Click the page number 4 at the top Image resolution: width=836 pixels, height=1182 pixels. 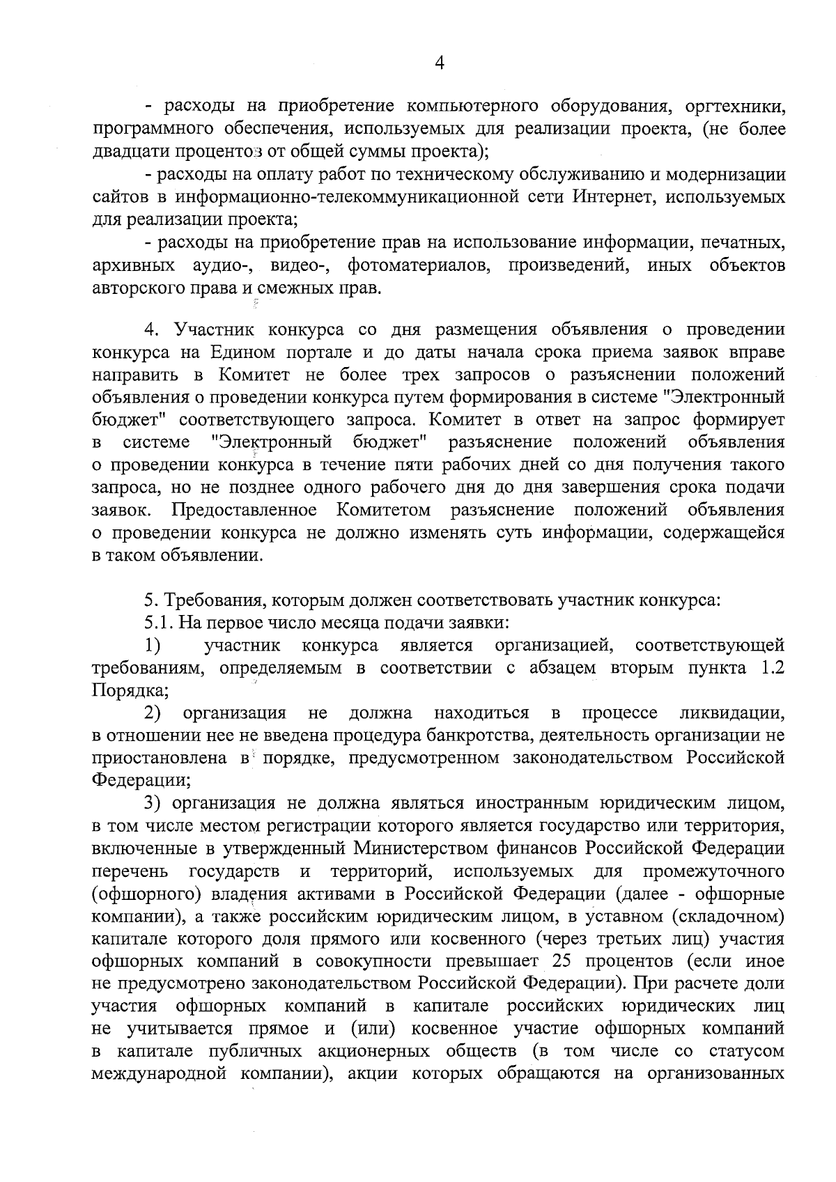click(x=439, y=63)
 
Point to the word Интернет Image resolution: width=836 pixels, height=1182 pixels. click(x=614, y=197)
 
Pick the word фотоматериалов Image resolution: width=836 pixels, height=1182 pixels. click(x=419, y=265)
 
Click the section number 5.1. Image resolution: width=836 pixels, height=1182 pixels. click(x=157, y=622)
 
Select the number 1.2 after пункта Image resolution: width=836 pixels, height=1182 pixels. click(x=769, y=668)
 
